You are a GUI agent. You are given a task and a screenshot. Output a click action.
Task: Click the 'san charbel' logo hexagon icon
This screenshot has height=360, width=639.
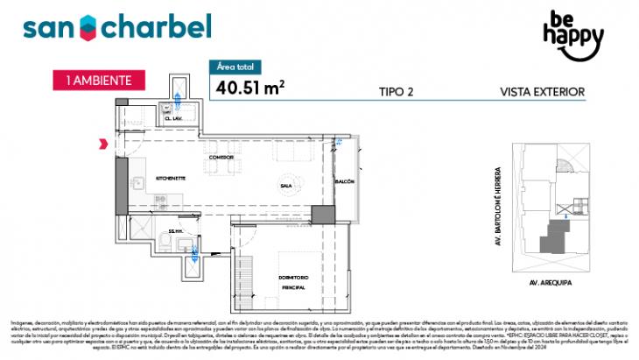click(89, 27)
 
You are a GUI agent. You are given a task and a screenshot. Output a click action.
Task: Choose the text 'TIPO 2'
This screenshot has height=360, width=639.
click(397, 90)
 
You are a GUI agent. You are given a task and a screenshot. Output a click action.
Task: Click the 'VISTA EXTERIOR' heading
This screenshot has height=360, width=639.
click(542, 90)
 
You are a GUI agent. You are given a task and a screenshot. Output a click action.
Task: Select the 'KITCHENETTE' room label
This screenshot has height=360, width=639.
click(172, 178)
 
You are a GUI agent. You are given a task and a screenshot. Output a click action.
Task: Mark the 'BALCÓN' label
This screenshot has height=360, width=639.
click(345, 180)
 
